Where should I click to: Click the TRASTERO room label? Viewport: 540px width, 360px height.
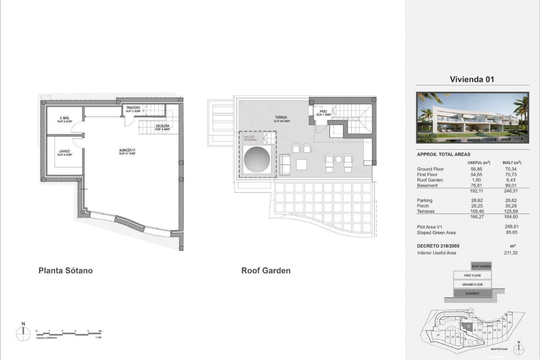(x=133, y=108)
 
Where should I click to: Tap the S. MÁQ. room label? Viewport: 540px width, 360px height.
(x=65, y=118)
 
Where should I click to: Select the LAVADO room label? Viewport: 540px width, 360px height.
(x=65, y=151)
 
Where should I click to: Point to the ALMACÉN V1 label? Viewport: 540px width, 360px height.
(x=127, y=150)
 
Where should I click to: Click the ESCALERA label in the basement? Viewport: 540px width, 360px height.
(x=163, y=126)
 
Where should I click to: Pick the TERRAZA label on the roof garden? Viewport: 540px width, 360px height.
(x=281, y=118)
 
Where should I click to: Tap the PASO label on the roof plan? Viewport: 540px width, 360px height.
(x=323, y=112)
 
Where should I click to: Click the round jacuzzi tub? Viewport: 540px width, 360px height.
(x=257, y=159)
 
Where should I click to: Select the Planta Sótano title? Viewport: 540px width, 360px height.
(x=66, y=271)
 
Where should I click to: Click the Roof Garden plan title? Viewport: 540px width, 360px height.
(x=266, y=271)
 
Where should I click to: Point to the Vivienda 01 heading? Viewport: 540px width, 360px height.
(x=472, y=79)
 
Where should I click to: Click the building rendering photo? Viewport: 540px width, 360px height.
(x=472, y=118)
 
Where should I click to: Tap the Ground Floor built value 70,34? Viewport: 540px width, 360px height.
(x=511, y=169)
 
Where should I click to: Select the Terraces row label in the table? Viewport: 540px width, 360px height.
(x=426, y=211)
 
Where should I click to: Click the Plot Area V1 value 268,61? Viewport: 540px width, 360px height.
(x=512, y=227)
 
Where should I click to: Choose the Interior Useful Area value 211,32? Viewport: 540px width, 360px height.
(x=511, y=253)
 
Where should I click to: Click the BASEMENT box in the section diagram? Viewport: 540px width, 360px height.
(x=472, y=293)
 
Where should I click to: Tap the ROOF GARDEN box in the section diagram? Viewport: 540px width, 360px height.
(x=481, y=266)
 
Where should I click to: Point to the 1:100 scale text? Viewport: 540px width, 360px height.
(x=98, y=337)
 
